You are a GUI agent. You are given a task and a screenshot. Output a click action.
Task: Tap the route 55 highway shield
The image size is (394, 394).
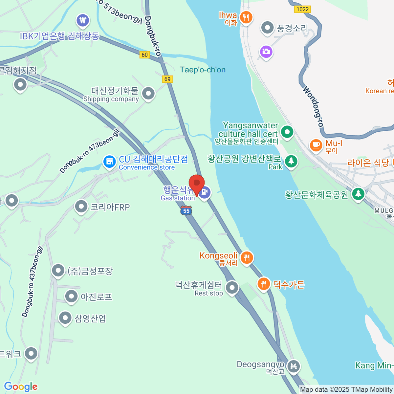click(186, 210)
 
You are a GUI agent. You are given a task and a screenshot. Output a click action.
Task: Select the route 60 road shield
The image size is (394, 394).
click(145, 55)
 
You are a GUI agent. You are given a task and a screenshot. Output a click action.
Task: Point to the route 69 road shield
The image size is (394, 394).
click(167, 79)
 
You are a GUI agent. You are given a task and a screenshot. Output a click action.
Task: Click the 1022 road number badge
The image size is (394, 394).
click(302, 9)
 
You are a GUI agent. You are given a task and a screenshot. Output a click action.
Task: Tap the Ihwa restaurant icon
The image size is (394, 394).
click(246, 17)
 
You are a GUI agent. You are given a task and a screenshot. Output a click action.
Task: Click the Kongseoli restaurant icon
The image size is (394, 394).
click(246, 258)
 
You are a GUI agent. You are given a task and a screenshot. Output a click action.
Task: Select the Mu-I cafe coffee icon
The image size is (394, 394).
click(316, 145)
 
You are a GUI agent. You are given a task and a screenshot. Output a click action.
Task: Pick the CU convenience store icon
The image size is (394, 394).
click(109, 162)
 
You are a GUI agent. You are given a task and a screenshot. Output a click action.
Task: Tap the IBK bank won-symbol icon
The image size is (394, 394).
click(82, 21)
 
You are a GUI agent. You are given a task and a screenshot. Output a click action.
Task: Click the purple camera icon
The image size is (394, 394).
click(266, 52)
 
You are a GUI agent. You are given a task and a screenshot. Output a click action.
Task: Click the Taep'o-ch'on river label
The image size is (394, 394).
click(203, 70)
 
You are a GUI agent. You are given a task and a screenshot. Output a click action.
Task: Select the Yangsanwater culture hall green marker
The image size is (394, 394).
click(287, 132)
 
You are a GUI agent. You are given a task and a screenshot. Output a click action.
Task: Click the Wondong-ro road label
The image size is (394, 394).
click(313, 106)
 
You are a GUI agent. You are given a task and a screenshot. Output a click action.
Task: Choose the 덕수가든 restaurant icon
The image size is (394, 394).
click(263, 284)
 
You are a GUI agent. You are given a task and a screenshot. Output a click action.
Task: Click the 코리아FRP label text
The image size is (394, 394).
click(110, 207)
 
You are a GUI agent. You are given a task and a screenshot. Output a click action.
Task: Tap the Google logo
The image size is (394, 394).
click(21, 386)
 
